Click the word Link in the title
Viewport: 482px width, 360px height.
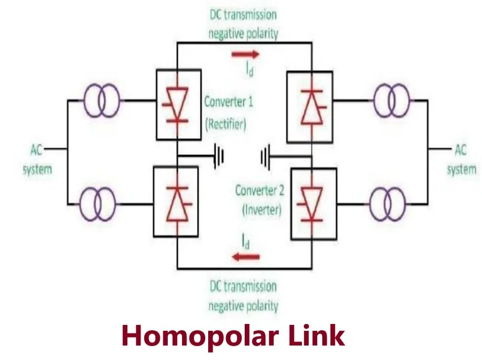point(316,336)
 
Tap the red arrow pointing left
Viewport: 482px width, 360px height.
point(246,256)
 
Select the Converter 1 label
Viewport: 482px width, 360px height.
point(229,103)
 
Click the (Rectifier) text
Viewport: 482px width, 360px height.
point(226,124)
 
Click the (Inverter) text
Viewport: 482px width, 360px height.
point(261,210)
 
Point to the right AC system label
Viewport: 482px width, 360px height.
point(461,159)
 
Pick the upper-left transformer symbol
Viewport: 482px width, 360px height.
point(102,101)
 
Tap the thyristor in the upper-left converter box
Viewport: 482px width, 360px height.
point(177,104)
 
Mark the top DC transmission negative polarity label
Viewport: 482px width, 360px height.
point(243,24)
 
